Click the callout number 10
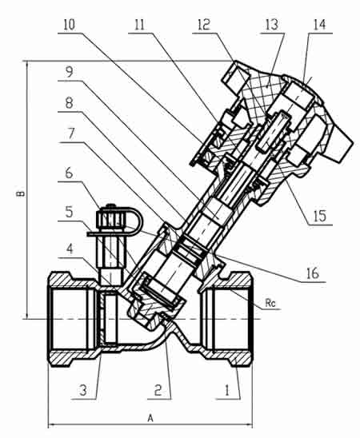tap(70, 25)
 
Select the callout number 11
tap(139, 25)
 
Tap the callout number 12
tap(204, 25)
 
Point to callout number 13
tap(272, 25)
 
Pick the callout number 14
tap(319, 25)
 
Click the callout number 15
tap(319, 216)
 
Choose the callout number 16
tap(313, 273)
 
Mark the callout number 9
tap(69, 72)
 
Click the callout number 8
tap(69, 103)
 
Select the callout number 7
tap(71, 133)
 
